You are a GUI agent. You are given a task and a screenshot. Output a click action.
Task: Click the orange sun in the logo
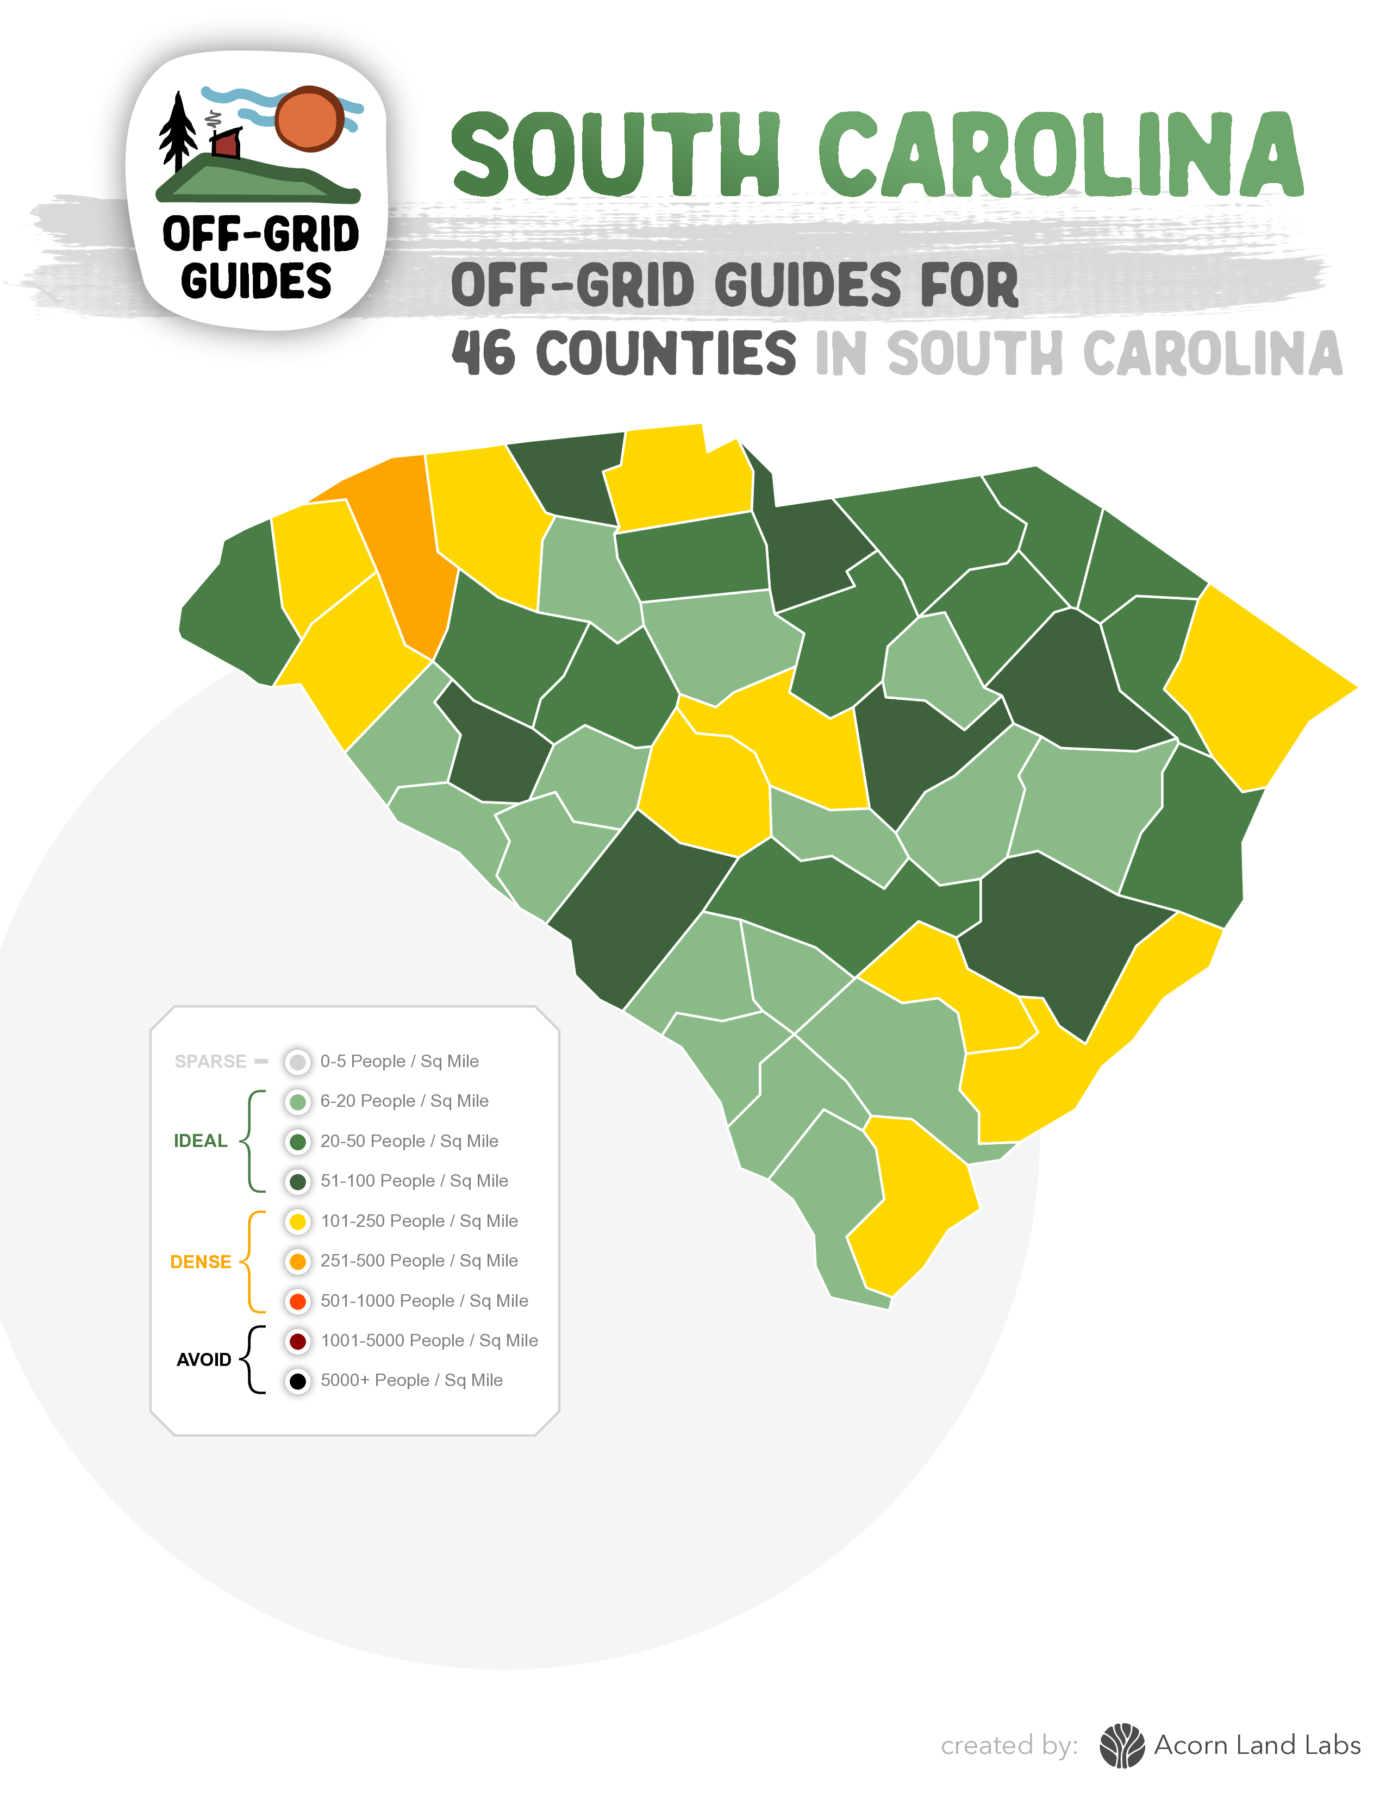pyautogui.click(x=308, y=118)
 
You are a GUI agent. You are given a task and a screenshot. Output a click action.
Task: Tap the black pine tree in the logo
pyautogui.click(x=177, y=131)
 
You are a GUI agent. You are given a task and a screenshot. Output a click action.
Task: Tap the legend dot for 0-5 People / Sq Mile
pyautogui.click(x=298, y=1062)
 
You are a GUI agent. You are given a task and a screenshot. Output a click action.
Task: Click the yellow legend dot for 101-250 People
pyautogui.click(x=298, y=1221)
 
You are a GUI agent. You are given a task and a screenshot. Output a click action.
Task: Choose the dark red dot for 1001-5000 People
pyautogui.click(x=298, y=1340)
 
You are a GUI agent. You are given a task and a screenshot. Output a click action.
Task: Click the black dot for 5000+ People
pyautogui.click(x=298, y=1381)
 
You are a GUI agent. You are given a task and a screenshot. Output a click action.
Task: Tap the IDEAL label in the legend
pyautogui.click(x=201, y=1141)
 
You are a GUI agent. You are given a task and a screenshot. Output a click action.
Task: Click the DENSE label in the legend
pyautogui.click(x=201, y=1262)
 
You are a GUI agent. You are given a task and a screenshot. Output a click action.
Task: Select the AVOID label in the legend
pyautogui.click(x=204, y=1359)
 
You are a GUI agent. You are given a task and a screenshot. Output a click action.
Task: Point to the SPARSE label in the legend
pyautogui.click(x=210, y=1062)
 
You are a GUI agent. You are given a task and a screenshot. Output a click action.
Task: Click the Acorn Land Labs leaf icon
pyautogui.click(x=1122, y=1745)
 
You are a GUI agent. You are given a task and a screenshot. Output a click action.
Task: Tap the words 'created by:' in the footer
pyautogui.click(x=1009, y=1745)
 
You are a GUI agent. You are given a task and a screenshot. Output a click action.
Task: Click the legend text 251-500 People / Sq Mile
pyautogui.click(x=419, y=1261)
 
